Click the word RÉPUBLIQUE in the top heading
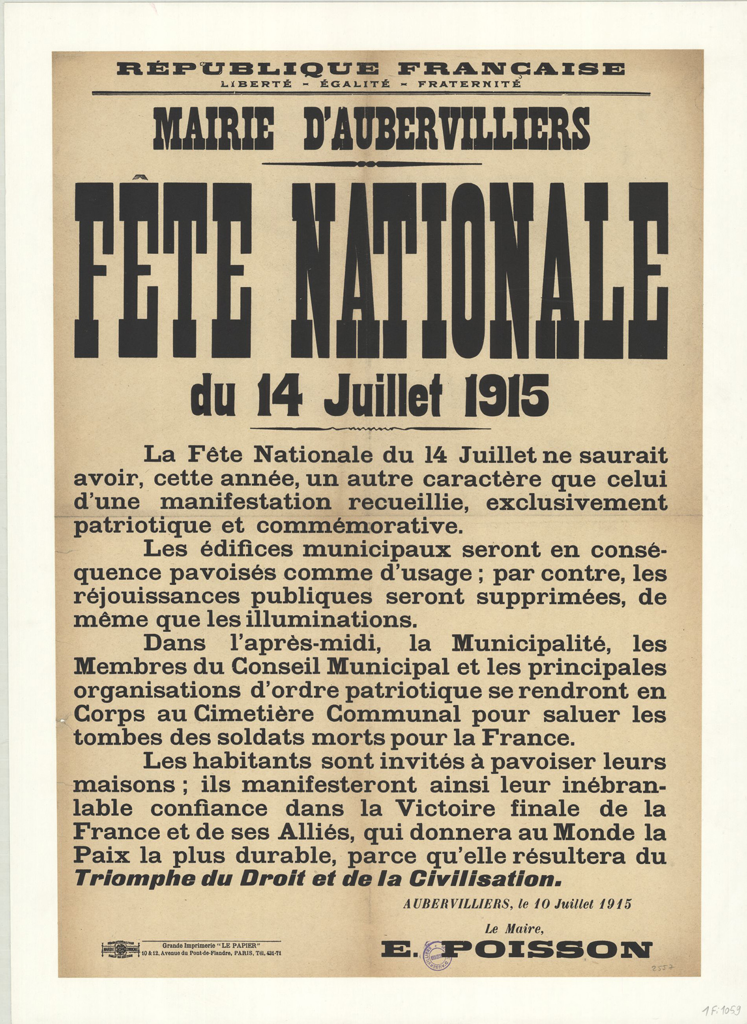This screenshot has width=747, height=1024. point(247,69)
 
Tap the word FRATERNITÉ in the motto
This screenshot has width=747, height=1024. point(470,84)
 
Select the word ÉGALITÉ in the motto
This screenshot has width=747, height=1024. point(354,84)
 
